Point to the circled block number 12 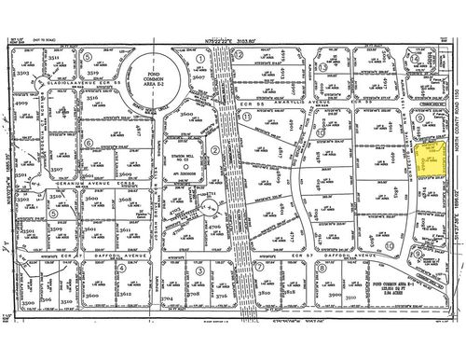240,55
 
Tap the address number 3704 167,298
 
